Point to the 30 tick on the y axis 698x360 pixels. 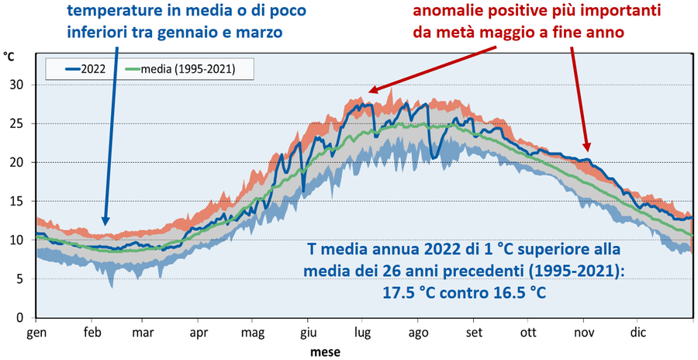23,85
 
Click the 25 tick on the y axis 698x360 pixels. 23,123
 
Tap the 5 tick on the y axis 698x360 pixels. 26,279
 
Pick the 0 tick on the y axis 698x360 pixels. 26,317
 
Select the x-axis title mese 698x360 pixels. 321,351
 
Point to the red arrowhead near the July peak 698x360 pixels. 370,91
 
